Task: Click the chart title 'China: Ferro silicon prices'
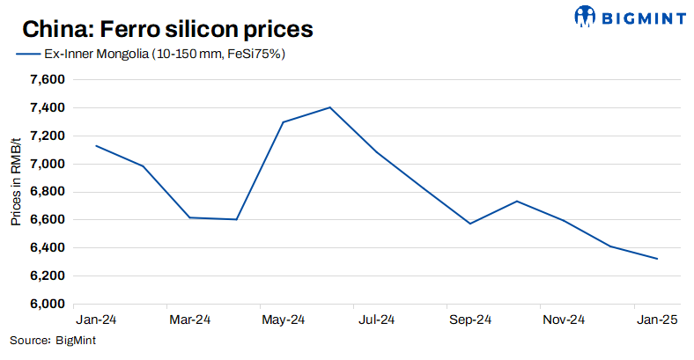coord(166,29)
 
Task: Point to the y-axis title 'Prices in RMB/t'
coord(16,180)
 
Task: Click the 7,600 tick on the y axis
coord(48,80)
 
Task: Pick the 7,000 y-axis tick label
coord(48,164)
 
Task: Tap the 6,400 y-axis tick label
coord(48,248)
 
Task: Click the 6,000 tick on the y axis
coord(48,305)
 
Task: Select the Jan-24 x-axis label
coord(96,320)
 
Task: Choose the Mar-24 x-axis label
coord(189,320)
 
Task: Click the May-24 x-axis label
coord(283,320)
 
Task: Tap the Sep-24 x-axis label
coord(470,320)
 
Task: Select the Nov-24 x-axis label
coord(564,320)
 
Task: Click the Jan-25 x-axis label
coord(657,320)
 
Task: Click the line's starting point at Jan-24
coord(96,146)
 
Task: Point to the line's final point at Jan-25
coord(657,259)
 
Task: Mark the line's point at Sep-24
coord(470,224)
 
